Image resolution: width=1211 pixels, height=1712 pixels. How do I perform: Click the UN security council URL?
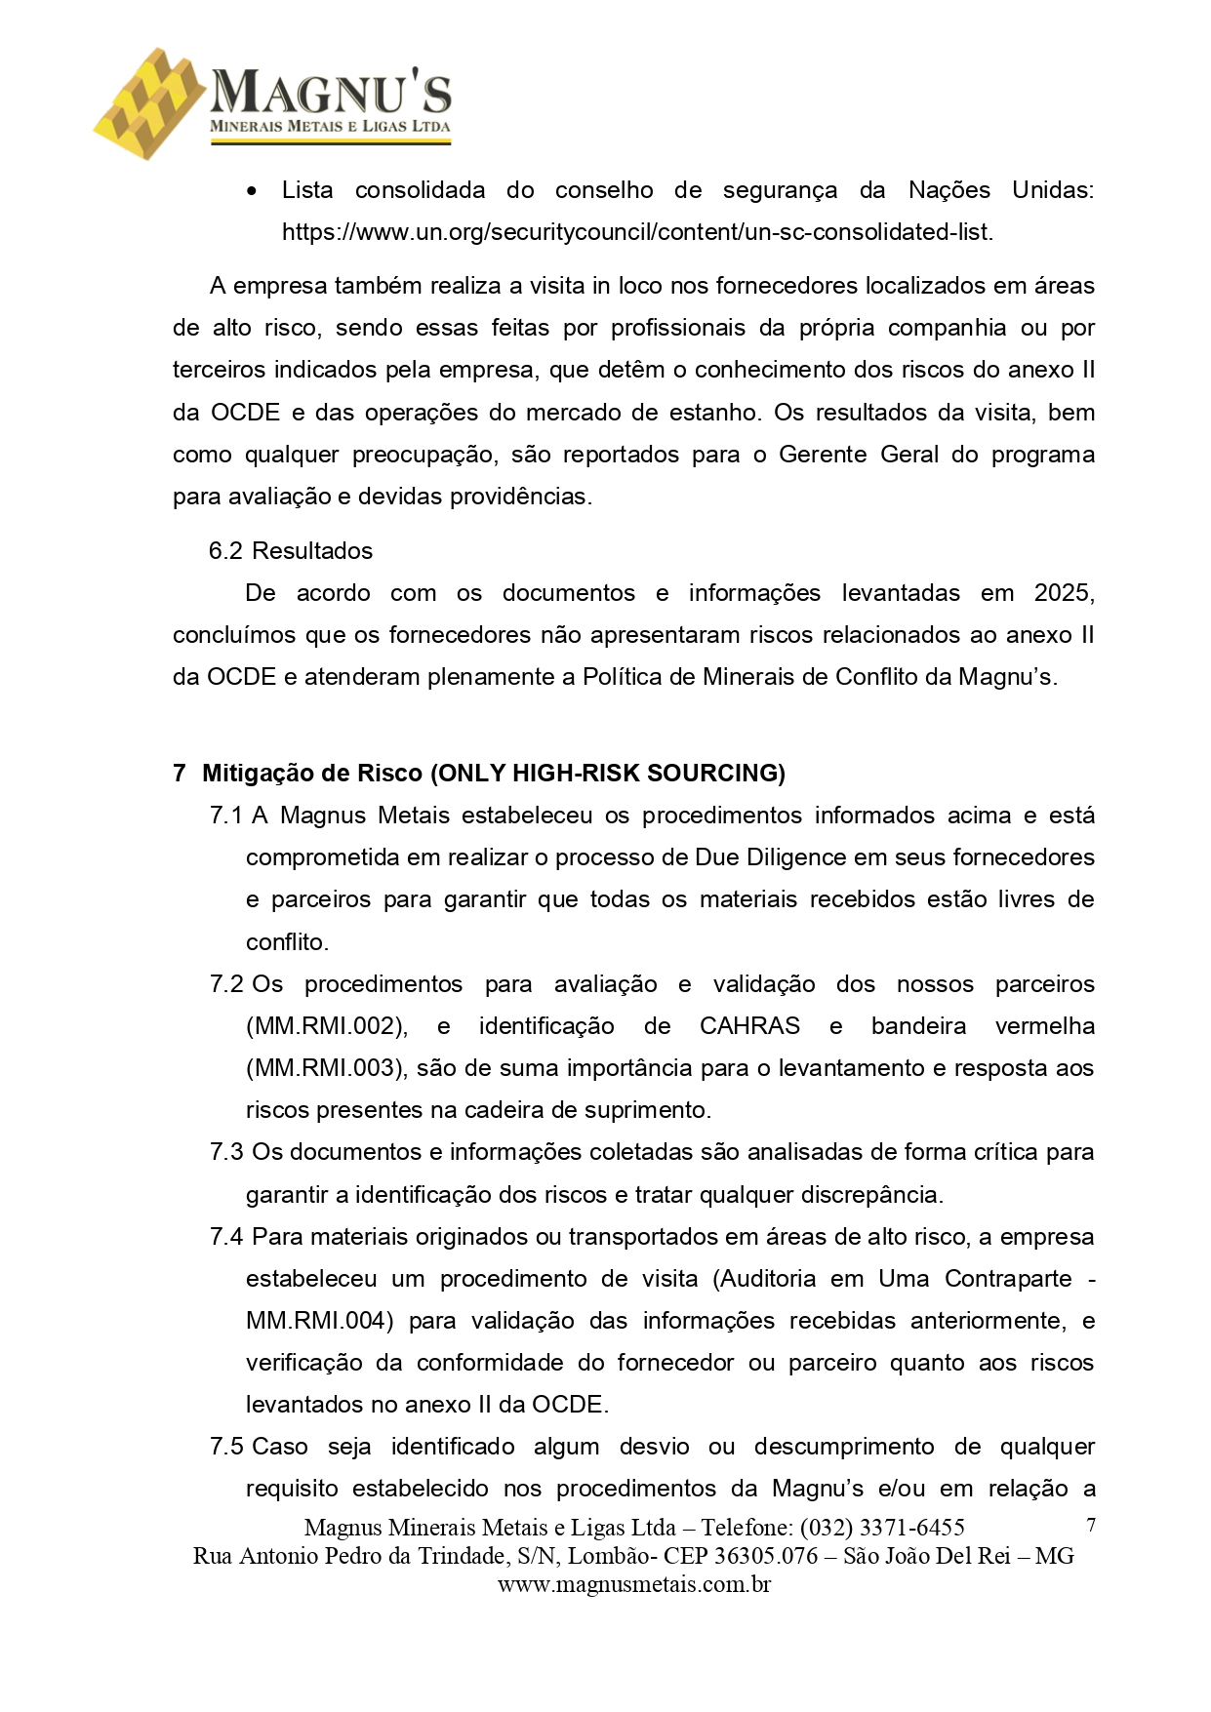tap(636, 232)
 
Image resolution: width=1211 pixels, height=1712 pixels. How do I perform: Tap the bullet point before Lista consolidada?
tap(253, 191)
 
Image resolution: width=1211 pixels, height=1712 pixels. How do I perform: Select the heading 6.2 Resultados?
tap(291, 551)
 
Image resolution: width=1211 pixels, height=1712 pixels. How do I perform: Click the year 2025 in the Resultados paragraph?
tap(1063, 593)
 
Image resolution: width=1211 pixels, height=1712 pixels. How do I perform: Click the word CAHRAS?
tap(749, 1026)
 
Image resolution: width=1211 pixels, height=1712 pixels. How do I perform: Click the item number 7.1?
tap(226, 816)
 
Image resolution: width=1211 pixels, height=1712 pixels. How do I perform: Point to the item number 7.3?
tap(226, 1152)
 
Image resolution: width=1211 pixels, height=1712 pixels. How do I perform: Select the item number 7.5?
tap(226, 1447)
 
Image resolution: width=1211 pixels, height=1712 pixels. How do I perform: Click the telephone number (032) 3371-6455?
tap(882, 1528)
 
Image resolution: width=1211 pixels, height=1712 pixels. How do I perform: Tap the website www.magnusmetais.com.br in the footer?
tap(634, 1584)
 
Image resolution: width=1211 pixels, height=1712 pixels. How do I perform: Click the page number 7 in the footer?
tap(1091, 1526)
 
